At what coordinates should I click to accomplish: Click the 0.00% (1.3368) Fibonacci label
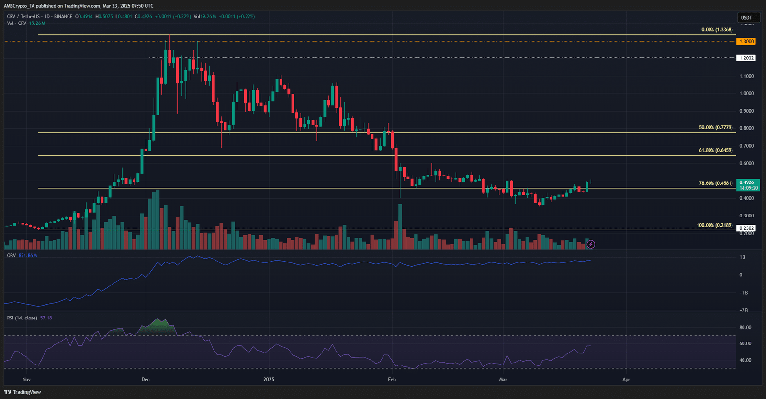pyautogui.click(x=717, y=30)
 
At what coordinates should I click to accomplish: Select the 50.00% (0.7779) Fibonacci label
pyautogui.click(x=716, y=128)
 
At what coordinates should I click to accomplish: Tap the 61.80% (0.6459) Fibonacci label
pyautogui.click(x=716, y=150)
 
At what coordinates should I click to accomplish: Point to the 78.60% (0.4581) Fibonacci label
pyautogui.click(x=716, y=183)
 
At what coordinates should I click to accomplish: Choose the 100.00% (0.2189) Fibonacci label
pyautogui.click(x=714, y=225)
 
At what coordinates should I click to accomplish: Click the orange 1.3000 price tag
pyautogui.click(x=746, y=42)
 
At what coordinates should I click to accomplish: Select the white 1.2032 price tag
pyautogui.click(x=746, y=58)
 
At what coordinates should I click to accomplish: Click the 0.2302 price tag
pyautogui.click(x=746, y=228)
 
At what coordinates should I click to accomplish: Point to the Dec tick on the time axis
pyautogui.click(x=146, y=380)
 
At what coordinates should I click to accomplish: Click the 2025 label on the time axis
pyautogui.click(x=269, y=380)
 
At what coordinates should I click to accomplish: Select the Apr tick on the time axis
pyautogui.click(x=626, y=380)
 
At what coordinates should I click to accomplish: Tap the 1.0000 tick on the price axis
pyautogui.click(x=746, y=94)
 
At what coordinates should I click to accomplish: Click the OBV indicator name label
pyautogui.click(x=11, y=256)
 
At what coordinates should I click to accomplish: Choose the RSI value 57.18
pyautogui.click(x=46, y=318)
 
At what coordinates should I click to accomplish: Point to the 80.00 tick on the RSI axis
pyautogui.click(x=745, y=328)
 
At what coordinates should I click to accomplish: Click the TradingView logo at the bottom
pyautogui.click(x=23, y=392)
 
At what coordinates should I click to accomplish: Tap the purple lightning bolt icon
pyautogui.click(x=591, y=244)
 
